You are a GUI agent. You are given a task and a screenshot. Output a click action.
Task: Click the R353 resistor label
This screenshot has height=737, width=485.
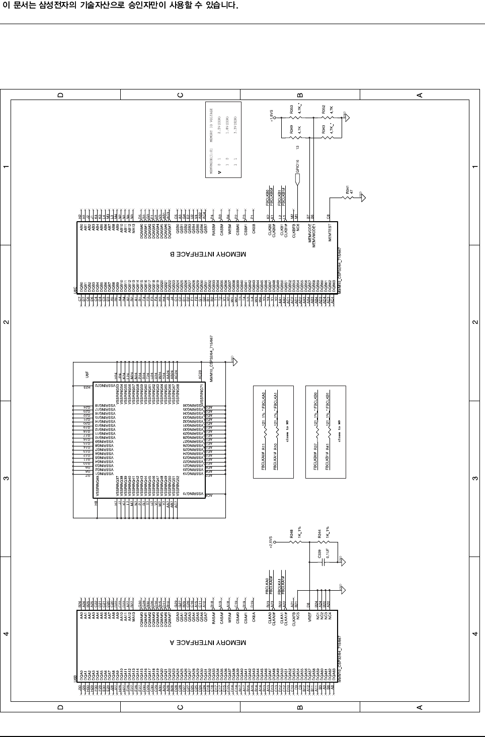click(292, 109)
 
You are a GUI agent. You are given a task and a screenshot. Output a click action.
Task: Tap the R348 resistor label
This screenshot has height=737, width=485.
click(292, 532)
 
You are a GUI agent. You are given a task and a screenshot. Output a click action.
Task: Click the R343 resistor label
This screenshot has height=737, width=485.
click(324, 129)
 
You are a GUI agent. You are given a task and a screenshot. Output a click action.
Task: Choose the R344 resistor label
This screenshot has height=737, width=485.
click(320, 532)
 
